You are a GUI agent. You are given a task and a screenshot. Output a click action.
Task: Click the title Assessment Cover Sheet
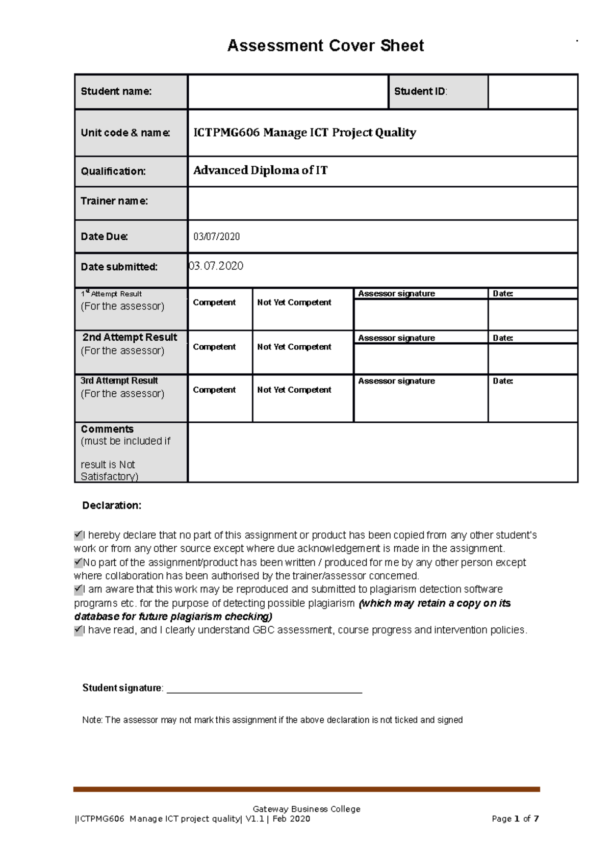click(325, 45)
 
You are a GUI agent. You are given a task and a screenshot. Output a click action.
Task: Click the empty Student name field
click(288, 92)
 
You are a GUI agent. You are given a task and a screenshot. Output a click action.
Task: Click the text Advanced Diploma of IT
click(260, 170)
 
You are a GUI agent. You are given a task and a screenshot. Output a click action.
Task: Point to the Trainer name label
click(114, 201)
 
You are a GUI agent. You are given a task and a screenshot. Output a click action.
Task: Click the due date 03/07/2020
click(216, 237)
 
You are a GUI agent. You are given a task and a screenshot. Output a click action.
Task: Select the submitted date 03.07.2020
click(216, 266)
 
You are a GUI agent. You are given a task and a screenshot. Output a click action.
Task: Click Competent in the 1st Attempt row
click(214, 302)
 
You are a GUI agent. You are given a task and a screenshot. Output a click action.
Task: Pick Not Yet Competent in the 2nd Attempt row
click(294, 347)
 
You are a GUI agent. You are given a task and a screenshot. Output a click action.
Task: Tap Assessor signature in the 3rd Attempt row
click(396, 381)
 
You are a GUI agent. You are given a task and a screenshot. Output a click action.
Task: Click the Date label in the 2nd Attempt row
click(502, 338)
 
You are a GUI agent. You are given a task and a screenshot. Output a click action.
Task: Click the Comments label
click(107, 429)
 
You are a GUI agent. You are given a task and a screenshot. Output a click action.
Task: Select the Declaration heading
click(112, 505)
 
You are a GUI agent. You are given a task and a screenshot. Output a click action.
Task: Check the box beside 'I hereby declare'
click(78, 535)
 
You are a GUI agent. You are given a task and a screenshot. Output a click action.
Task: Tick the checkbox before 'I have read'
click(78, 630)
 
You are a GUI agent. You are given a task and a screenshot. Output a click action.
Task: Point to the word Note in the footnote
click(92, 720)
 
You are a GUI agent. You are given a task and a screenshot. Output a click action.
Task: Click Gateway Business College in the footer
click(307, 809)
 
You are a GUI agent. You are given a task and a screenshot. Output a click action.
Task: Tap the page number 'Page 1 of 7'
click(515, 819)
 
